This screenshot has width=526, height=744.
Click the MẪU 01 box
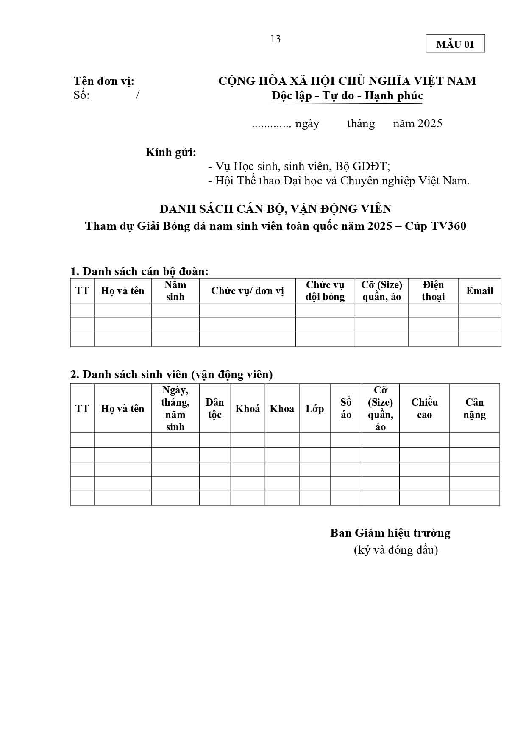455,44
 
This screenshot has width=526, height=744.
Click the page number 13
275,39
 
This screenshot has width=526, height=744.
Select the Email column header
479,291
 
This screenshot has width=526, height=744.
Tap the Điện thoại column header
433,291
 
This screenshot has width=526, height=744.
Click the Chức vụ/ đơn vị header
247,291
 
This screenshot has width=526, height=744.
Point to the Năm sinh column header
175,291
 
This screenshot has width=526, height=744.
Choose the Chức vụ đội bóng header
325,291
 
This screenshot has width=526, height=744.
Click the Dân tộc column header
214,408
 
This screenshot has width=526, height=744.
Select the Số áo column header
346,408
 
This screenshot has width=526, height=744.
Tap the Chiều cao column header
424,408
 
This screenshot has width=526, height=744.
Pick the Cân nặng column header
474,408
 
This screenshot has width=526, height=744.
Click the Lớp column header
314,409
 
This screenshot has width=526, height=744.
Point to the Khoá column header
248,409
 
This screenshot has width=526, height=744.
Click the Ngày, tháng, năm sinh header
175,408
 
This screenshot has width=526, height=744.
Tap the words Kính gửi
171,152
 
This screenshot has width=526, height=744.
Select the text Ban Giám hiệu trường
390,533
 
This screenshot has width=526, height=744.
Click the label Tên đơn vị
104,81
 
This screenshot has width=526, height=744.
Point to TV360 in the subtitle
448,226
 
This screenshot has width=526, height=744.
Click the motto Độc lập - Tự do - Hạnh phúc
347,96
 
